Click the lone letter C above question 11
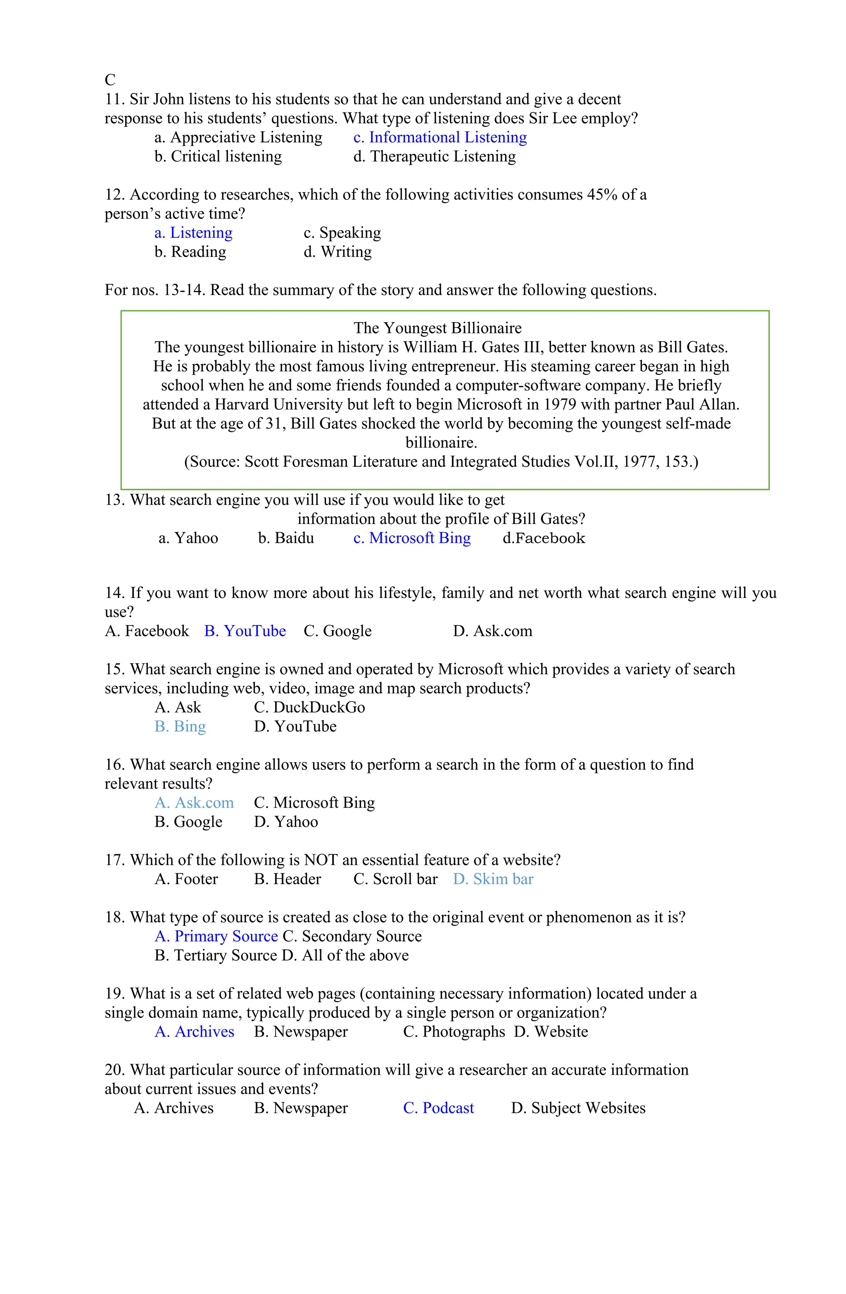pyautogui.click(x=110, y=80)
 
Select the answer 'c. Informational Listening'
pyautogui.click(x=439, y=137)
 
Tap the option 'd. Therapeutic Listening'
pyautogui.click(x=434, y=157)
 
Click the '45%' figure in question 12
pyautogui.click(x=601, y=195)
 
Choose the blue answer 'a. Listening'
pyautogui.click(x=193, y=233)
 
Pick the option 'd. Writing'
pyautogui.click(x=337, y=252)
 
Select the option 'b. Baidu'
pyautogui.click(x=285, y=538)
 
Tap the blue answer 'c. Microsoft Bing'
pyautogui.click(x=411, y=538)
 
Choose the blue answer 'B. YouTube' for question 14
pyautogui.click(x=245, y=631)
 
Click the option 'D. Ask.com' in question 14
pyautogui.click(x=492, y=631)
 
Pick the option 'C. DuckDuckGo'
pyautogui.click(x=309, y=707)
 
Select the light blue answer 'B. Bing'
pyautogui.click(x=180, y=726)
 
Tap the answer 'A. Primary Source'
pyautogui.click(x=216, y=936)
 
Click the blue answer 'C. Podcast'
pyautogui.click(x=438, y=1108)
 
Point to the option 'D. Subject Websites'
pyautogui.click(x=577, y=1108)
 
